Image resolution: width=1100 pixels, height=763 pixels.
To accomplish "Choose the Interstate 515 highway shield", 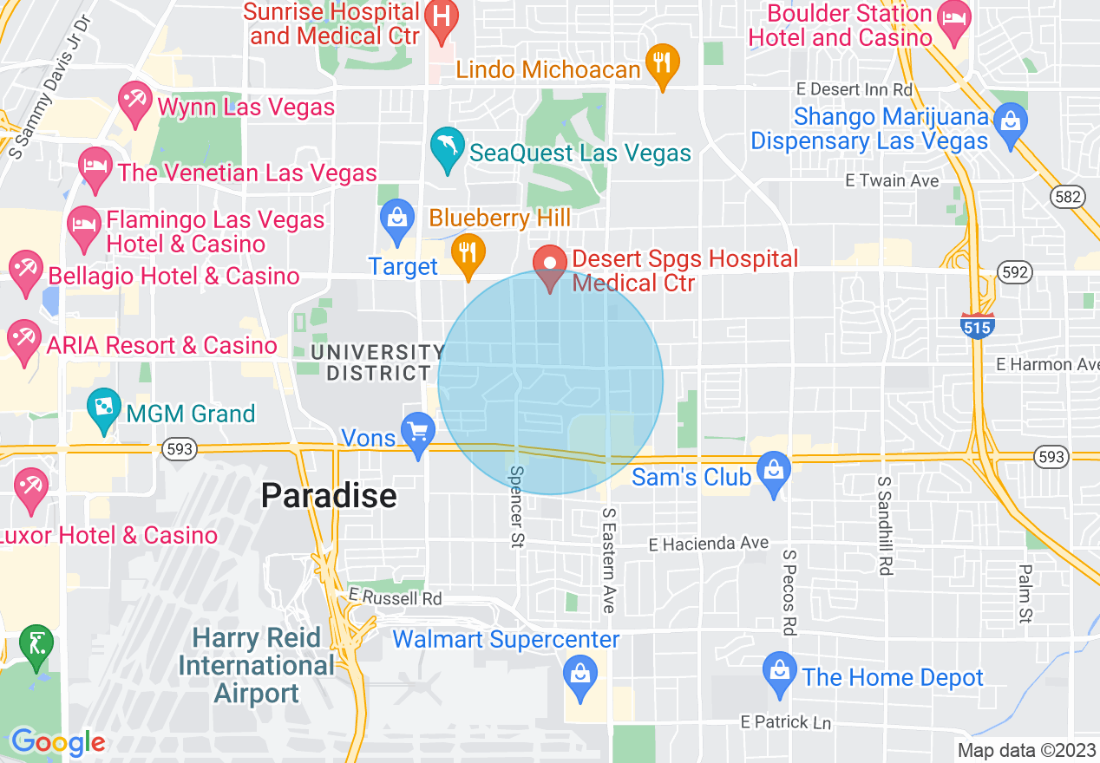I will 977,325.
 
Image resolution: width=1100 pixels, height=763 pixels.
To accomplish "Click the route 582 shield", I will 1067,198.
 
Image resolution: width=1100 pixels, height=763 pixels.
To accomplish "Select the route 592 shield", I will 1015,273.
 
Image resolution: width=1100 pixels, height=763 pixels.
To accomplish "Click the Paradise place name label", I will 329,496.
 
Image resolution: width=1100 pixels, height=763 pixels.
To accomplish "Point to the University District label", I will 377,362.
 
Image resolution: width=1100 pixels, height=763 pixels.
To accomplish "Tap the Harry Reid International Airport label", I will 257,666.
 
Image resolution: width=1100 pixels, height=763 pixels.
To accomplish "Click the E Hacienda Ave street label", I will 709,544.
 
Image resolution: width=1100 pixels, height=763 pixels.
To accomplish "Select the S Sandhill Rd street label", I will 884,525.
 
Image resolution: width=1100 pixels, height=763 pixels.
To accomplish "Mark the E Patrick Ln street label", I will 786,721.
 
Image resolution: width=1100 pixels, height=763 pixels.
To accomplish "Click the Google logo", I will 58,742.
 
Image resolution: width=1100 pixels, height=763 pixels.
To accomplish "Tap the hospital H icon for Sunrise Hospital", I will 442,18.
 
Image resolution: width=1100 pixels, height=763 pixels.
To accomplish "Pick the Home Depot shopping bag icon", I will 780,673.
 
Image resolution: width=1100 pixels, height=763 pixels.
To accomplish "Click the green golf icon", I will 36,645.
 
